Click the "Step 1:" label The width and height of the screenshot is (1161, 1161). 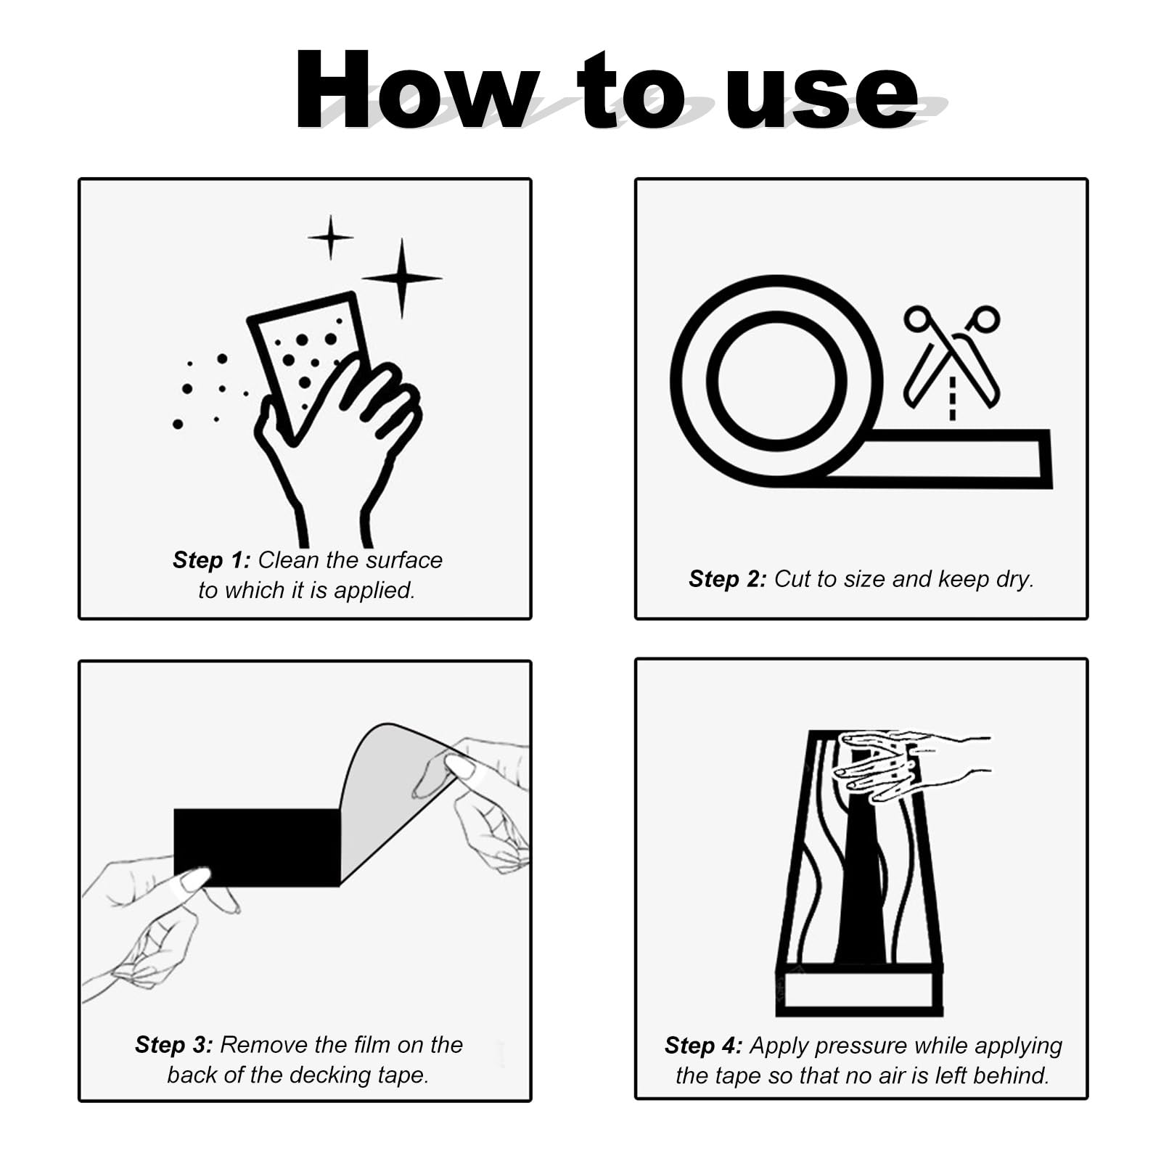[211, 560]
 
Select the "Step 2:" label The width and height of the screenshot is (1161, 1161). [727, 579]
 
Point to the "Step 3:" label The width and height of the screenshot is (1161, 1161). [174, 1045]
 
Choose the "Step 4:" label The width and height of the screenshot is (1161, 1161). [703, 1046]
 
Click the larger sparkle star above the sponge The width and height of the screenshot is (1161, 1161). [402, 278]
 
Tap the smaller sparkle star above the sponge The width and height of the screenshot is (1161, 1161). [331, 237]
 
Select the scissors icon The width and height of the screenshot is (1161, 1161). [952, 355]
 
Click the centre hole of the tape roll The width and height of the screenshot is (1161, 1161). [776, 381]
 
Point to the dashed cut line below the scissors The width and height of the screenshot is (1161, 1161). [952, 398]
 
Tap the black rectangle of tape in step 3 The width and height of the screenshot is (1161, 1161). [257, 847]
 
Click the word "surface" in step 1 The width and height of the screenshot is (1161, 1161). [404, 560]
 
